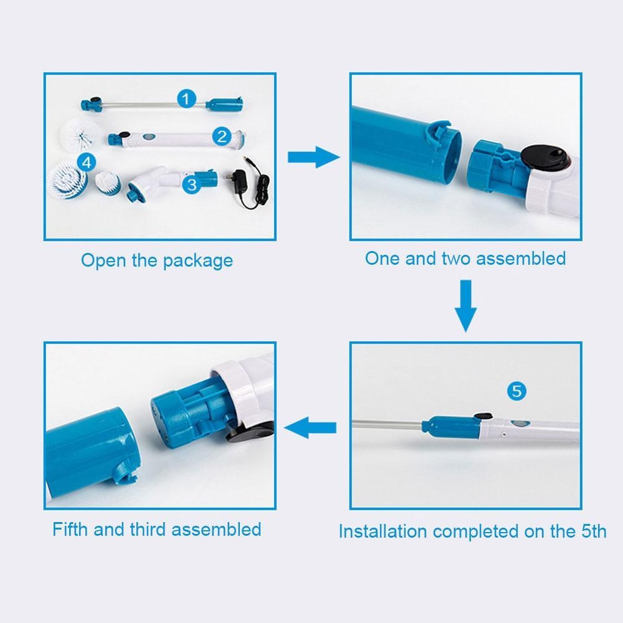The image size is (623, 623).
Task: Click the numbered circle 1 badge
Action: point(186,98)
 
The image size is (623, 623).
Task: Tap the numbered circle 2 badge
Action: point(222,136)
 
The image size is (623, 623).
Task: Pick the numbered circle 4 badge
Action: point(87,163)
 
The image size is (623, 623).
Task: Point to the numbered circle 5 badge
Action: point(516,391)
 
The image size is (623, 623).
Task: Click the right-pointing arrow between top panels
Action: point(314,158)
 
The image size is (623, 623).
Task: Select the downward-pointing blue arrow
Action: point(465,306)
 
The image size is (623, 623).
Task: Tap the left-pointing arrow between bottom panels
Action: point(310,428)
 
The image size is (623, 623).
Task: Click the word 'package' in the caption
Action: point(198,262)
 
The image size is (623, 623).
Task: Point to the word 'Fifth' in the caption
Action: point(70,529)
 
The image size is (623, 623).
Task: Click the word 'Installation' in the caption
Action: point(383,531)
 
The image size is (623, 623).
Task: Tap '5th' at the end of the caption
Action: point(594,531)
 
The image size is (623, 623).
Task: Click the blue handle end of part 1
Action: point(224,105)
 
